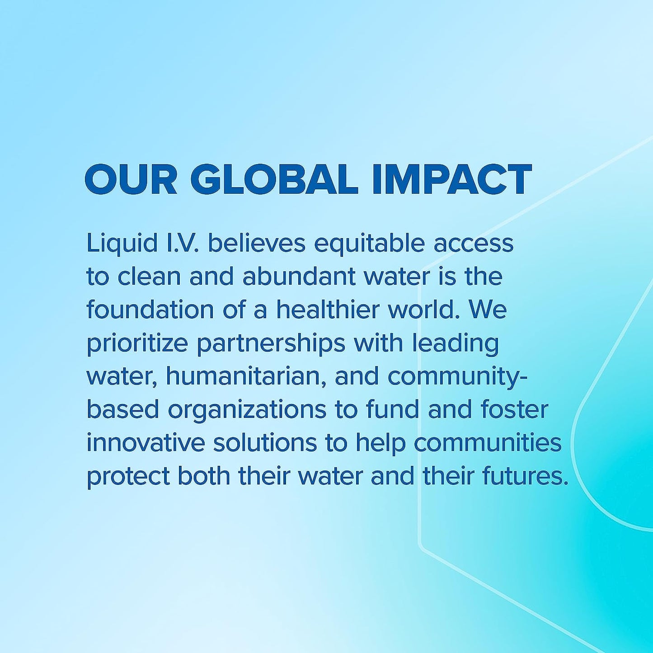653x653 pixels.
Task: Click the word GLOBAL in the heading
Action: [274, 180]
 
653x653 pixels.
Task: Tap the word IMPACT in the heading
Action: [453, 180]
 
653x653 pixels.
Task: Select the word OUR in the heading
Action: [131, 180]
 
